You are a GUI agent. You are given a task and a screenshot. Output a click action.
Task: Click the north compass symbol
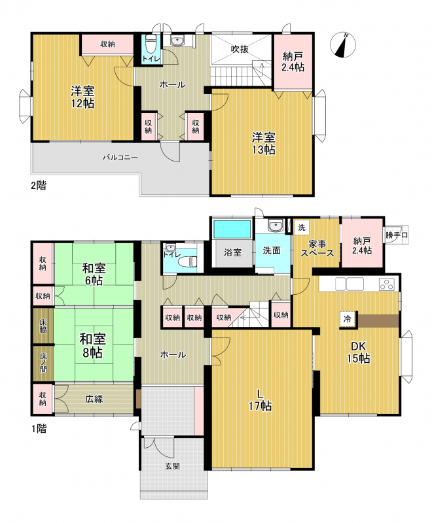pos(342,44)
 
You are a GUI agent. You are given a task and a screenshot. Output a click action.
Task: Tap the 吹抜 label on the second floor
pos(240,49)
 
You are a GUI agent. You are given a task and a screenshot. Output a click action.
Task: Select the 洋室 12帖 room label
pos(82,97)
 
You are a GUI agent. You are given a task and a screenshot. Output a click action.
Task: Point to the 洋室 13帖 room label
pos(264,143)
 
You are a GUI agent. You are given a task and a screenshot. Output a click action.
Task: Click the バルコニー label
pos(120,157)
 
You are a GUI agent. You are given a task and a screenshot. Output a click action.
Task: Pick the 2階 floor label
pos(39,185)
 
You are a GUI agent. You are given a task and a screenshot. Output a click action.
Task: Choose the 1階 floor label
pos(39,429)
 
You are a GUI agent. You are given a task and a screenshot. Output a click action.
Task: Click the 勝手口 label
pos(396,235)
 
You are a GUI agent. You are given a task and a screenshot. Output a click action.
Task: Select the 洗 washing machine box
pos(302,228)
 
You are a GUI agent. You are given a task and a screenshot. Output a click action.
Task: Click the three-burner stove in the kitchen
pos(387,284)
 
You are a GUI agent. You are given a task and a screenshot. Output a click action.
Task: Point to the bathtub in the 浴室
pos(232,229)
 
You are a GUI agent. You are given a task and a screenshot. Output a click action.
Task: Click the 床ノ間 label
pos(43,363)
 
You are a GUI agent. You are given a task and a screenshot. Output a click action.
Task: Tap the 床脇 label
pos(43,326)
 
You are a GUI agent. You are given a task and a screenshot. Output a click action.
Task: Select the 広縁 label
pos(94,399)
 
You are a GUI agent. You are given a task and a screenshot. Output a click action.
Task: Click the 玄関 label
pos(172,466)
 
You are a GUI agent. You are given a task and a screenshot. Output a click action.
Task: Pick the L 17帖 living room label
pos(260,400)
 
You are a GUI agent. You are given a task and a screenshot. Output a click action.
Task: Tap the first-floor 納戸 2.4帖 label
pos(362,245)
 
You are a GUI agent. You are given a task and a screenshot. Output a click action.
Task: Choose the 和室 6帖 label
pos(94,274)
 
